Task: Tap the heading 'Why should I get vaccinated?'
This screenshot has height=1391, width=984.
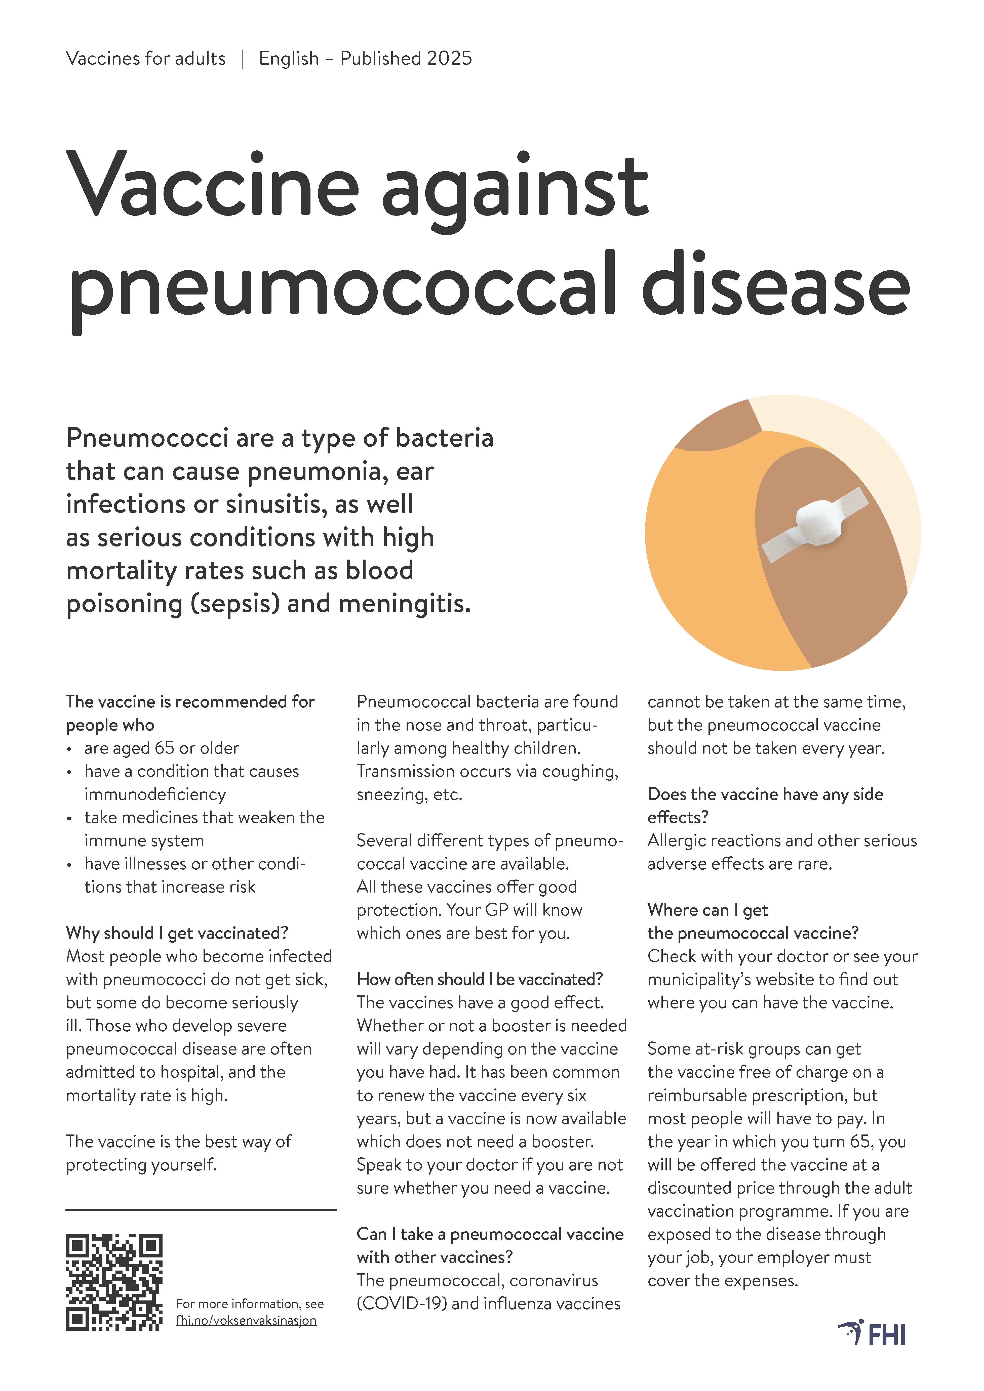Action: coord(177,933)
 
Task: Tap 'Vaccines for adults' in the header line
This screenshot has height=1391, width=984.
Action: coord(145,59)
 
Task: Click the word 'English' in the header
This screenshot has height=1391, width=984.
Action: coord(288,59)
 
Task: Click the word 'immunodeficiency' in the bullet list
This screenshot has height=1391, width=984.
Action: coord(155,794)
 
